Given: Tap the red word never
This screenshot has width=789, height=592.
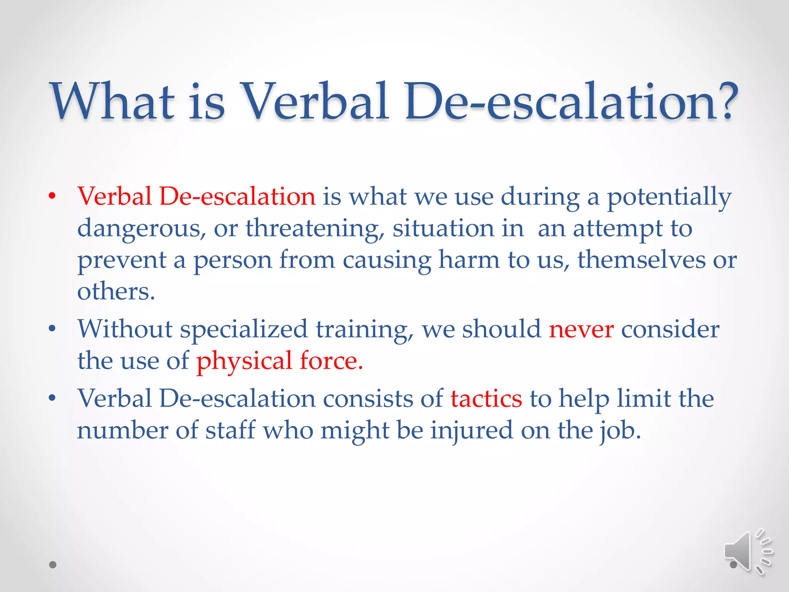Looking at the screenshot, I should pos(581,330).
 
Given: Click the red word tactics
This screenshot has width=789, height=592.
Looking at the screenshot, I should pos(486,399).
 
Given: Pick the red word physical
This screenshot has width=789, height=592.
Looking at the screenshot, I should pos(244,362).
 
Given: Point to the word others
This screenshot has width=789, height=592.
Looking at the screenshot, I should pos(116,291).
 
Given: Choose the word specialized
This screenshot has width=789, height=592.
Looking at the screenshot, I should pos(243,330).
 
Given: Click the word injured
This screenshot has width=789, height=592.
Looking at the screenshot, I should pos(472,431).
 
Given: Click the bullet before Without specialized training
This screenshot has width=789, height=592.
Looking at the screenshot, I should pos(52,329).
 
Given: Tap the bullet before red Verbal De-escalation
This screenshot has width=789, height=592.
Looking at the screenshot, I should pos(52,196).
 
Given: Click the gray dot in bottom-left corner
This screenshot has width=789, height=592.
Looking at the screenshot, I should pos(53,565).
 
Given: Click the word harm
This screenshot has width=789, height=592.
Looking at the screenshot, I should pos(469,260).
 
